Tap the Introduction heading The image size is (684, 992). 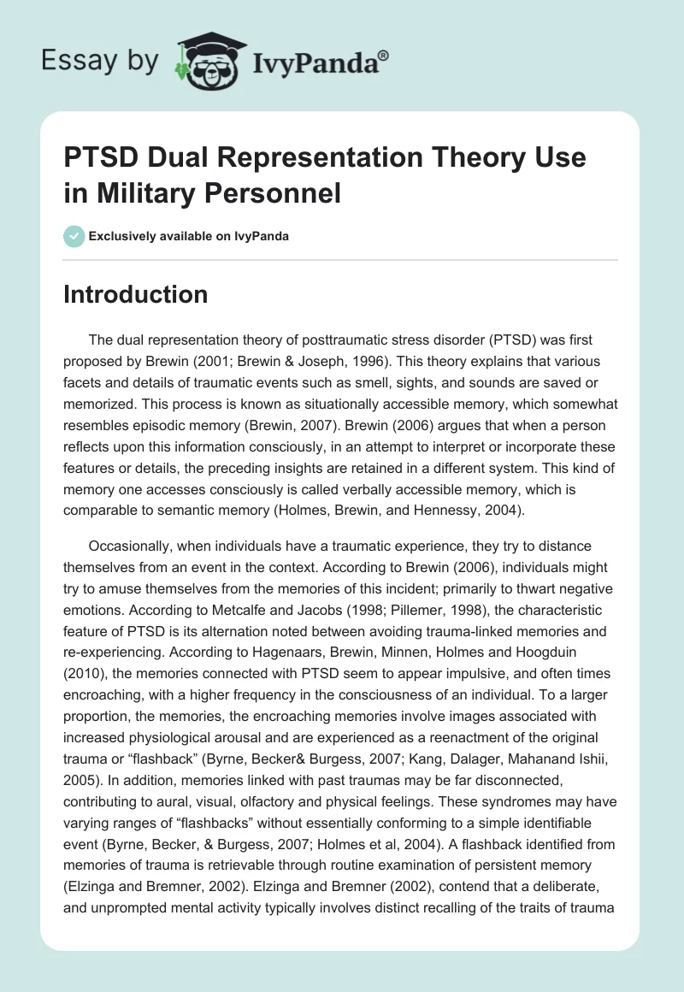136,295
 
